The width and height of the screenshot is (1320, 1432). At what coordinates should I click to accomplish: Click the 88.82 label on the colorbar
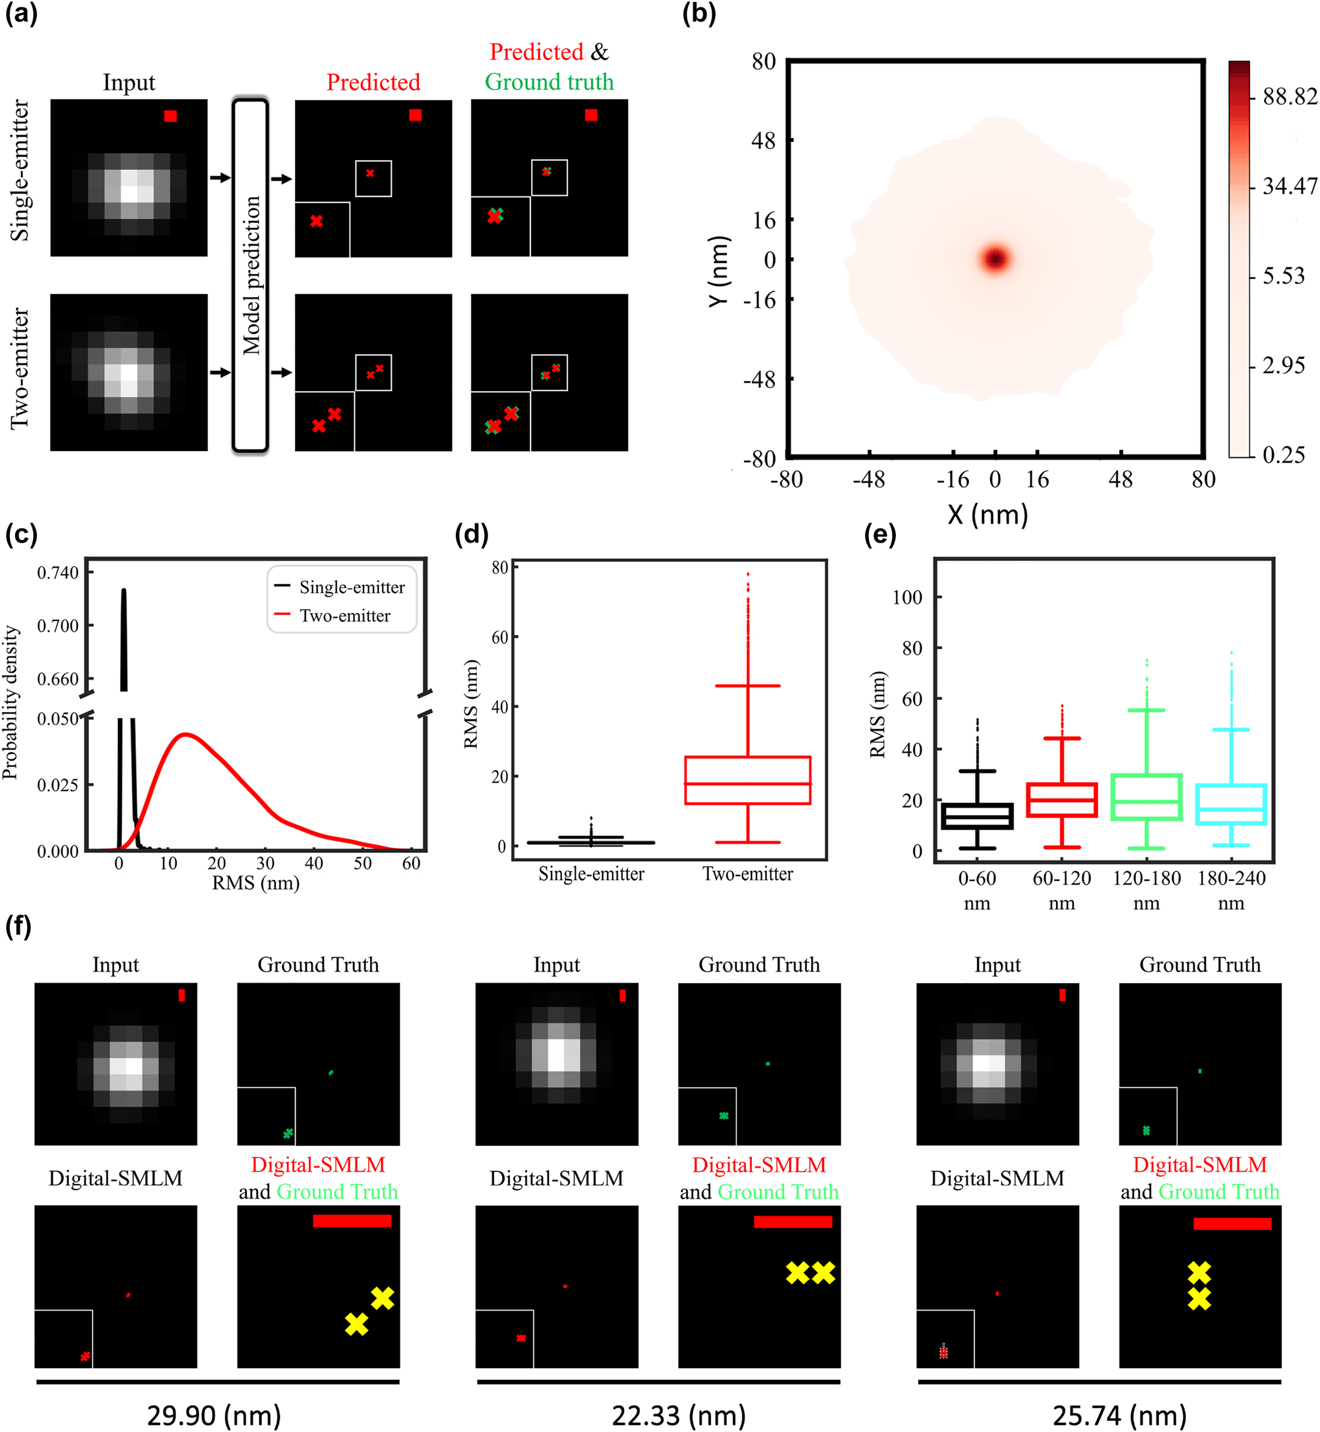1289,96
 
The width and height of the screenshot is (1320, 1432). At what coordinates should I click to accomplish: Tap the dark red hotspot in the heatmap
995,258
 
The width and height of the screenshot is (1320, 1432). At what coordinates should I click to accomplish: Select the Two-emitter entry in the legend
344,615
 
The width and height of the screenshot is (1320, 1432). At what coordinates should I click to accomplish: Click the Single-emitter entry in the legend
352,587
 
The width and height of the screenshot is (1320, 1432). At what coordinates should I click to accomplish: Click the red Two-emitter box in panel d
747,780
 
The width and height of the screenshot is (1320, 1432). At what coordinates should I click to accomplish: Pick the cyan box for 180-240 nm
1231,804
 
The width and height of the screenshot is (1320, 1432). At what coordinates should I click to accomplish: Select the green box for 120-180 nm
1147,796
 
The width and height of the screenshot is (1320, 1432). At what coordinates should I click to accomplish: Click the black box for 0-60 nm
977,816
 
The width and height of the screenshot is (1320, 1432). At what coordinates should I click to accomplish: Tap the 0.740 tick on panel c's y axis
58,572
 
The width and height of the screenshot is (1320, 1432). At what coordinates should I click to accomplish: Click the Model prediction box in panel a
251,276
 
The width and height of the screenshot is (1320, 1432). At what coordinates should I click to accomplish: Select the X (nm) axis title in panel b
988,514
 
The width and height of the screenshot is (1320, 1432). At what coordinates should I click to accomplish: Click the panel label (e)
880,534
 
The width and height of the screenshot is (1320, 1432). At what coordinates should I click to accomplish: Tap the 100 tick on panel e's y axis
907,597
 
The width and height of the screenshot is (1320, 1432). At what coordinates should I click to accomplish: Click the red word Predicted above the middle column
373,82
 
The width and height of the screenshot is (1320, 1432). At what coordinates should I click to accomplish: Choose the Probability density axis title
10,701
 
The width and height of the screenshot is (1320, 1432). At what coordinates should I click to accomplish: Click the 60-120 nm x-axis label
1061,890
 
